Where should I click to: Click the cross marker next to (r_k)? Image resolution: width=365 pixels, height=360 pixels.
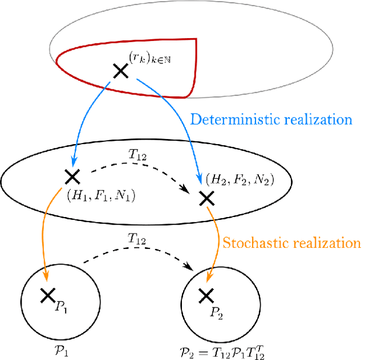point(121,71)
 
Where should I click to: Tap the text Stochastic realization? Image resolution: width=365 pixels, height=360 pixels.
point(291,243)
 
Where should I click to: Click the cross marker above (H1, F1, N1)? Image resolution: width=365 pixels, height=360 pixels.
point(72,175)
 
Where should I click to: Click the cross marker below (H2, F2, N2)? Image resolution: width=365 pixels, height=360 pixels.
point(206,198)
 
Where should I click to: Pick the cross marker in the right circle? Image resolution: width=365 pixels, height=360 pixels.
point(205,295)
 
